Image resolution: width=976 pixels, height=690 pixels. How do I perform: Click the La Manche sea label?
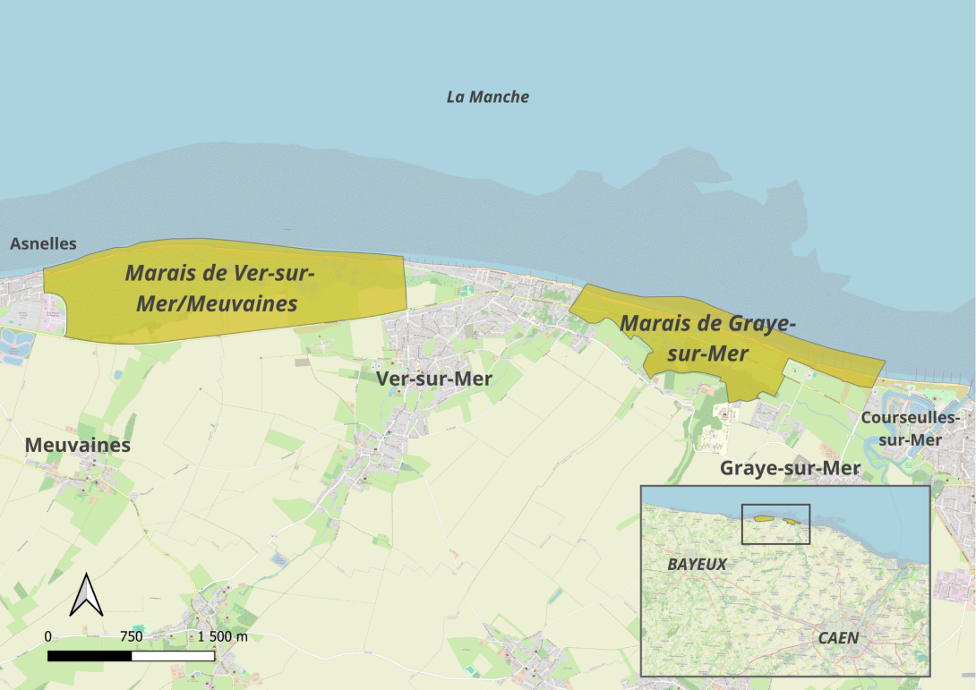[x=487, y=97]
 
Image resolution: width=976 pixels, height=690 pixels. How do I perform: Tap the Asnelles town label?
[x=43, y=243]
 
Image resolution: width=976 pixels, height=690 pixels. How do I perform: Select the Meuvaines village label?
[x=78, y=445]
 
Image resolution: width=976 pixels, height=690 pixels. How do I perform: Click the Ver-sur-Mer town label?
[x=434, y=379]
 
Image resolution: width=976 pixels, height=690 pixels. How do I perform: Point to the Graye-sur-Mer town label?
[x=791, y=468]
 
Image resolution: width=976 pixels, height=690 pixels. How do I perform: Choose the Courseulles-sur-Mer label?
[x=910, y=429]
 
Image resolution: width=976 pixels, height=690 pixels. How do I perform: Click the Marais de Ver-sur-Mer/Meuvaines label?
[x=218, y=288]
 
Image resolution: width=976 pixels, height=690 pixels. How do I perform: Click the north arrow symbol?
[x=87, y=594]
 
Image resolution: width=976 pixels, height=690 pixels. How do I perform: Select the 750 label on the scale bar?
[x=131, y=636]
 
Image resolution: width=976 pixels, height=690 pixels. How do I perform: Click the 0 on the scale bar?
[x=48, y=636]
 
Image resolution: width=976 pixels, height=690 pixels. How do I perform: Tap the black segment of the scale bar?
[x=90, y=656]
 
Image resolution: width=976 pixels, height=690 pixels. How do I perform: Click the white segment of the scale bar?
[x=173, y=656]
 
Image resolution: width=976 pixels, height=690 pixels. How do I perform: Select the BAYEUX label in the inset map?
[x=697, y=565]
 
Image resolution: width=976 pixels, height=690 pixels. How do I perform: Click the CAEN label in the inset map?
[x=838, y=638]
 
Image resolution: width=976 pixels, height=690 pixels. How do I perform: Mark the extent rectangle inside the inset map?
[x=775, y=524]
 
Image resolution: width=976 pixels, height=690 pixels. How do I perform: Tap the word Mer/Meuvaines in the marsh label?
[x=217, y=304]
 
